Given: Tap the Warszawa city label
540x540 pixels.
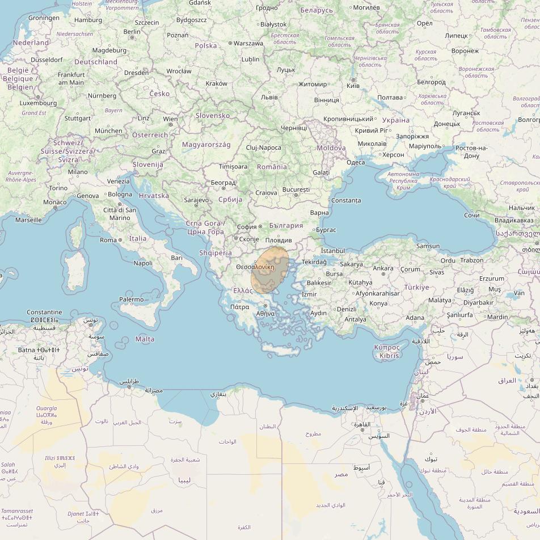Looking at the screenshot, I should point(248,43).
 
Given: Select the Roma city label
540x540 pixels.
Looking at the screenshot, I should point(108,240).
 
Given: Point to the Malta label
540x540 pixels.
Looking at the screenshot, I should point(145,339).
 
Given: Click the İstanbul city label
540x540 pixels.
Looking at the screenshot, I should point(332,251).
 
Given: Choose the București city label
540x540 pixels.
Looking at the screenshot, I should point(296,189).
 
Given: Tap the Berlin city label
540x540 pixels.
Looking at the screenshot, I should point(132,32).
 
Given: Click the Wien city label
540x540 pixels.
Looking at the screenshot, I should point(170,119).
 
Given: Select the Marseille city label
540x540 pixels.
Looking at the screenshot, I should point(28,220).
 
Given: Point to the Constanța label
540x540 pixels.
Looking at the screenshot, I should point(345,200).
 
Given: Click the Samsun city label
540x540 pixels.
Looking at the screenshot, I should point(428,246).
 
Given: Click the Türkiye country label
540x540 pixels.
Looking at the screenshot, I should point(416,288).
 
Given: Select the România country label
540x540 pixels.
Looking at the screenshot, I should point(272,167).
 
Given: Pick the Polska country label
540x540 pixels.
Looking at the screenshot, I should point(206,45).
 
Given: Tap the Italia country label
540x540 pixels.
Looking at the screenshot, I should point(138,239).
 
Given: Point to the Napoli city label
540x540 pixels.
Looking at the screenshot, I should point(143,263).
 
